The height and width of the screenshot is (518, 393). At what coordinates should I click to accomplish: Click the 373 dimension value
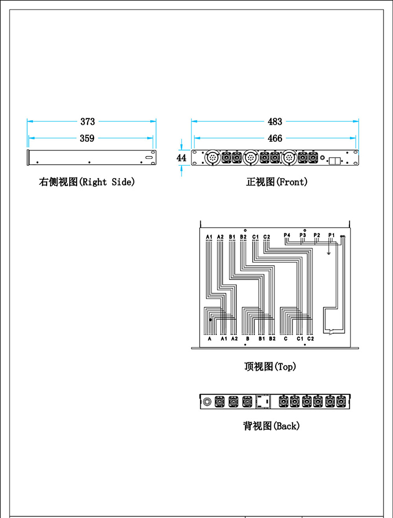point(88,122)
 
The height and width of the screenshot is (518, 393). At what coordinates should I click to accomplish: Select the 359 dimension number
point(87,139)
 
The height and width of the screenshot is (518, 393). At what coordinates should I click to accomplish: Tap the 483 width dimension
point(275,122)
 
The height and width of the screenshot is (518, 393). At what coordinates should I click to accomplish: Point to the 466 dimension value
point(275,139)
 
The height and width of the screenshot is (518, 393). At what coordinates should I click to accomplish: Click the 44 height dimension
point(182,158)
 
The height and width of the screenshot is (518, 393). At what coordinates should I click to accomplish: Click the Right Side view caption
point(87,182)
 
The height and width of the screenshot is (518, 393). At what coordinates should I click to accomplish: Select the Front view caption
point(277,182)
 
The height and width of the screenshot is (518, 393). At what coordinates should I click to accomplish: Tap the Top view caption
point(270,367)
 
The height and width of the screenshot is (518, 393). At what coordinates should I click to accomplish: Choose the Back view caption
point(271,426)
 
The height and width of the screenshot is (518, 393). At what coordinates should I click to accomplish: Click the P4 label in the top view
point(287,235)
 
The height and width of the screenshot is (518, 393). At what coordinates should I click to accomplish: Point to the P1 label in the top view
point(331,235)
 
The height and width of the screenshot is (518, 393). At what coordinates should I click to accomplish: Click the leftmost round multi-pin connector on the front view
point(212,158)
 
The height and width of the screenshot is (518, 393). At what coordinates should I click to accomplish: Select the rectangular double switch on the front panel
point(335,160)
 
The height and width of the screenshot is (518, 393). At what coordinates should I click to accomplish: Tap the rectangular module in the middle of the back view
point(263,402)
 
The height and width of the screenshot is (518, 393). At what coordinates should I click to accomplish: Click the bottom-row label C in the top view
point(286,338)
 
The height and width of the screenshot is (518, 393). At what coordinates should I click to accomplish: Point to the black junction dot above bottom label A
point(211,320)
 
